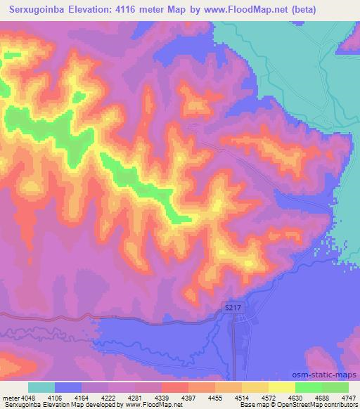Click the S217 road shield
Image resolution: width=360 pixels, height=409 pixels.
tap(236, 307)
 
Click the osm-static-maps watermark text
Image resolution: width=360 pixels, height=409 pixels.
tap(326, 375)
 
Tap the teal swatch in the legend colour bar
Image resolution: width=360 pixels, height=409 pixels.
tap(41, 387)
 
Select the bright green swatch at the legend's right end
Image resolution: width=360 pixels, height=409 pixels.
tap(335, 387)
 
